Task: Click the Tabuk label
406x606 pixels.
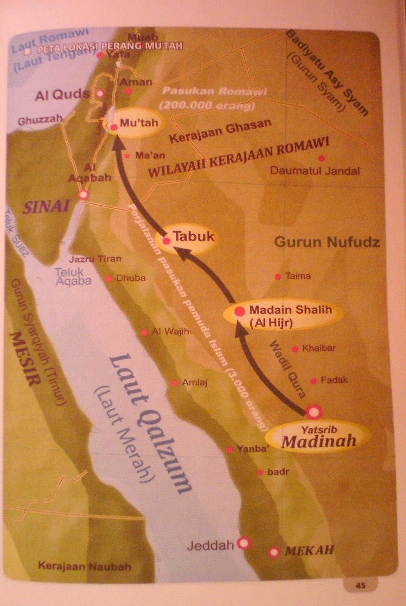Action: click(193, 237)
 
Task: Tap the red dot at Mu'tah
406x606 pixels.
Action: click(114, 127)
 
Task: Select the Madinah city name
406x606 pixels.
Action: click(319, 441)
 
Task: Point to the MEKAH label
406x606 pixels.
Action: click(309, 551)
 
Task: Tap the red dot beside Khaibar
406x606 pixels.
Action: click(295, 349)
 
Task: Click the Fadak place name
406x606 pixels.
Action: click(334, 380)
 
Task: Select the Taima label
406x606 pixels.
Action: click(298, 276)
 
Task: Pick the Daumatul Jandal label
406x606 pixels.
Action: click(314, 171)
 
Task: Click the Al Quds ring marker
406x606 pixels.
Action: click(100, 93)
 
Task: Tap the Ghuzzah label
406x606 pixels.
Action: click(40, 120)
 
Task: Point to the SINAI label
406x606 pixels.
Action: click(46, 207)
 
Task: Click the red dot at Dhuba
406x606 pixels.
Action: click(109, 278)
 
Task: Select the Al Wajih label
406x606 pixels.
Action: click(170, 332)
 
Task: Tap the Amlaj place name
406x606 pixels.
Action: click(194, 382)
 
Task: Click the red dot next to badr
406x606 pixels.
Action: click(260, 472)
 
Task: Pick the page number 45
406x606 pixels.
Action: click(360, 586)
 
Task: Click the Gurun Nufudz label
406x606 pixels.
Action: click(327, 242)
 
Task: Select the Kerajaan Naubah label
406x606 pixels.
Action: click(84, 566)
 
